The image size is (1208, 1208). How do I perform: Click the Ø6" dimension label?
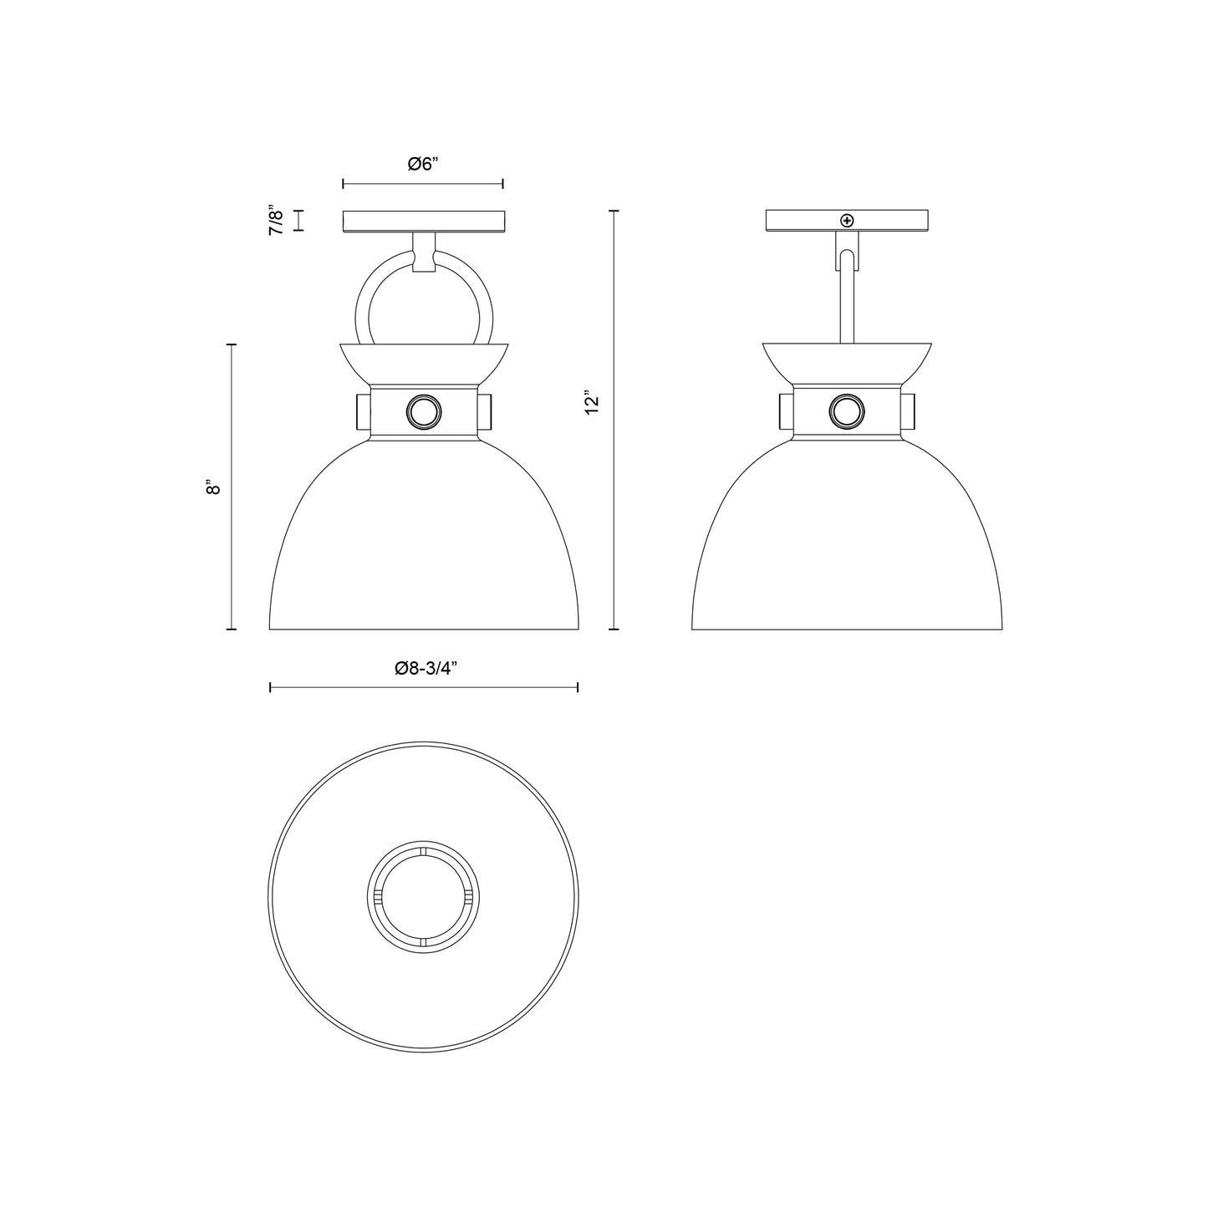click(x=424, y=165)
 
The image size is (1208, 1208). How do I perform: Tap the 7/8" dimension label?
click(x=277, y=221)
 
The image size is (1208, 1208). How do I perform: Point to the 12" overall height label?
click(x=593, y=402)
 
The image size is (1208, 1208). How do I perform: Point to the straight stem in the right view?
click(x=847, y=301)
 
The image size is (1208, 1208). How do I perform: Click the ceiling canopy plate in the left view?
click(x=424, y=221)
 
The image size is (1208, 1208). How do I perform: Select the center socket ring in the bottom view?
click(x=424, y=896)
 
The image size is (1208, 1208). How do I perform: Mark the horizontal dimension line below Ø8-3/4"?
click(x=424, y=687)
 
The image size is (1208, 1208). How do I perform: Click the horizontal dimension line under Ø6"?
click(x=424, y=183)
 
